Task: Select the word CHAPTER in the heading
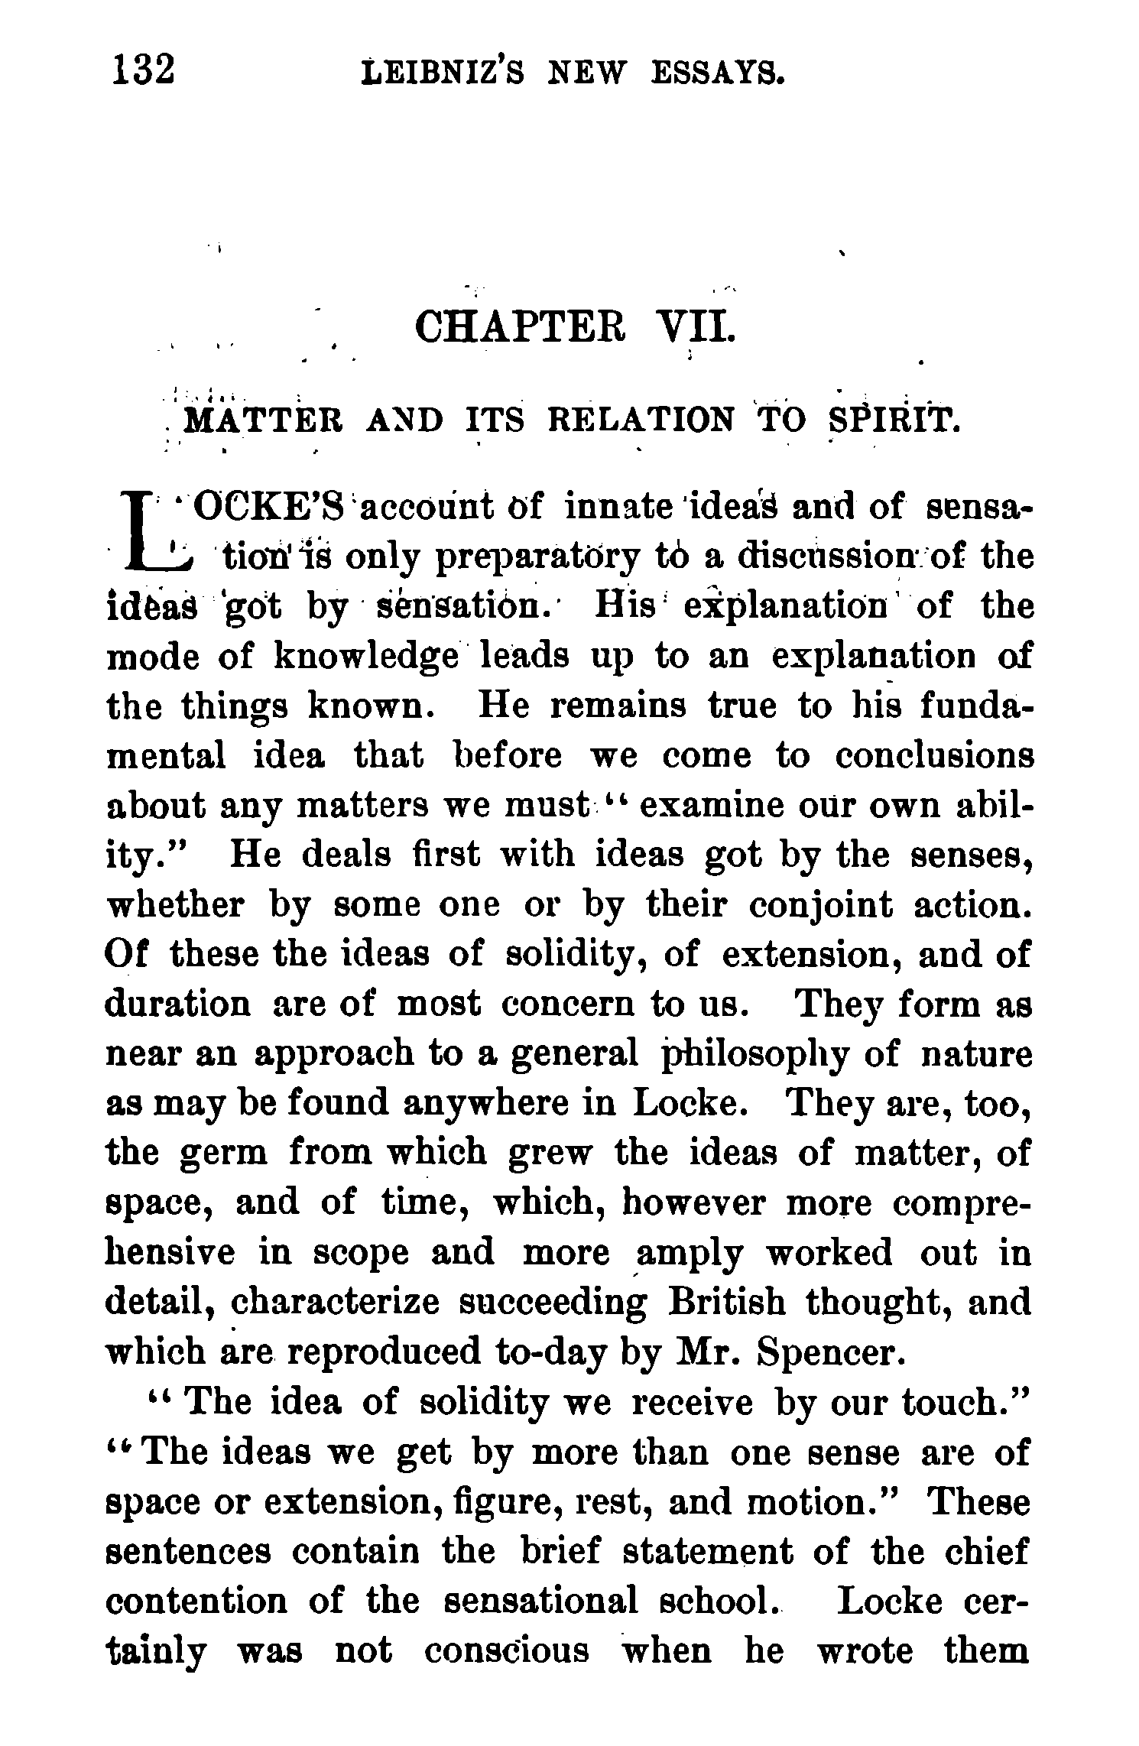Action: [520, 329]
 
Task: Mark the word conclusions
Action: [934, 756]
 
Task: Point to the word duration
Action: [177, 1004]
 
